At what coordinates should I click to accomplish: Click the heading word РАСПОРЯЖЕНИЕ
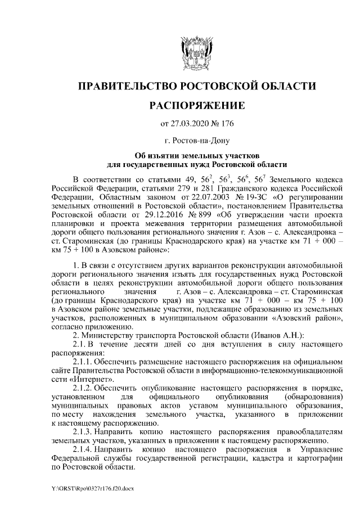196,105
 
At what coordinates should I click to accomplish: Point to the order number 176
226,123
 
